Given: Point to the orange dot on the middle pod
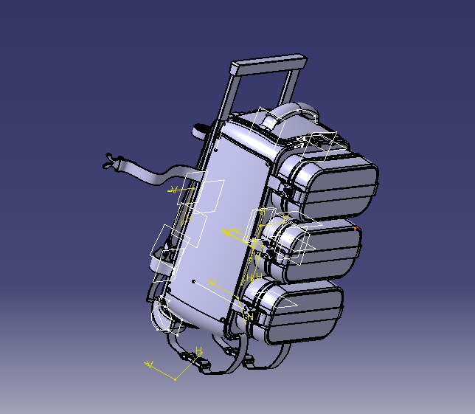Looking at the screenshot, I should coord(356,229).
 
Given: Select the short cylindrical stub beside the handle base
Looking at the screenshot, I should coord(201,131).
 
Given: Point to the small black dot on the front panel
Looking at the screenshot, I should coord(193,281).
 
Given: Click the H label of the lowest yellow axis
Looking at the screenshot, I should coord(198,351).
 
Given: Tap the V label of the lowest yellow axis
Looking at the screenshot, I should coord(150,365).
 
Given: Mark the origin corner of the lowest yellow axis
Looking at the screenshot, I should coord(175,379).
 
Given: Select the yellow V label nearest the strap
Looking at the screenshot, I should coord(173,190).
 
